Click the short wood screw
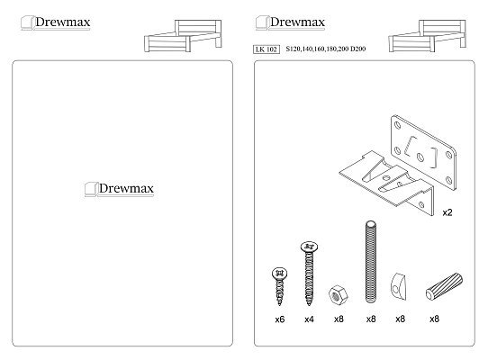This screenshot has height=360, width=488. coord(279,286)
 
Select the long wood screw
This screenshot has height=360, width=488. coord(309,274)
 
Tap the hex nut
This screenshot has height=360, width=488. coord(338,294)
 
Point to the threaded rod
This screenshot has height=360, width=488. coord(370,262)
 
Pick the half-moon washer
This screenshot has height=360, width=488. coord(398,286)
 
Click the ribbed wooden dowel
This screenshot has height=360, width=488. coord(444,286)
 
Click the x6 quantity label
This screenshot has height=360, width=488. coord(280,319)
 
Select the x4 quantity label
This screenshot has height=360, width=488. coord(309,319)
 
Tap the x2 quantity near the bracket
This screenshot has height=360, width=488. coord(447,212)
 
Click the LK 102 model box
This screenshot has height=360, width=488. coord(267,49)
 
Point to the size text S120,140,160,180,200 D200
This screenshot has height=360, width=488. coord(326,49)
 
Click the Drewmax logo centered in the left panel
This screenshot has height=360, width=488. coord(120,189)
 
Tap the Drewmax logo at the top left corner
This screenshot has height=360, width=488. coord(56,22)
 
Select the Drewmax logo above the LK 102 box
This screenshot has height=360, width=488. coord(291,22)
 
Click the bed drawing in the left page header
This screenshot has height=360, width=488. coord(183,36)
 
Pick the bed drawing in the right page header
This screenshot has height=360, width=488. coord(428,36)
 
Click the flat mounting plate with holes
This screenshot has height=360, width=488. coord(423,152)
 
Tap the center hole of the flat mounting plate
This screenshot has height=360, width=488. coord(420,157)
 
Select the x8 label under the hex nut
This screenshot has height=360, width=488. coord(339,319)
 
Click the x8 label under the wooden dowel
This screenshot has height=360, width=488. coord(434,319)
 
